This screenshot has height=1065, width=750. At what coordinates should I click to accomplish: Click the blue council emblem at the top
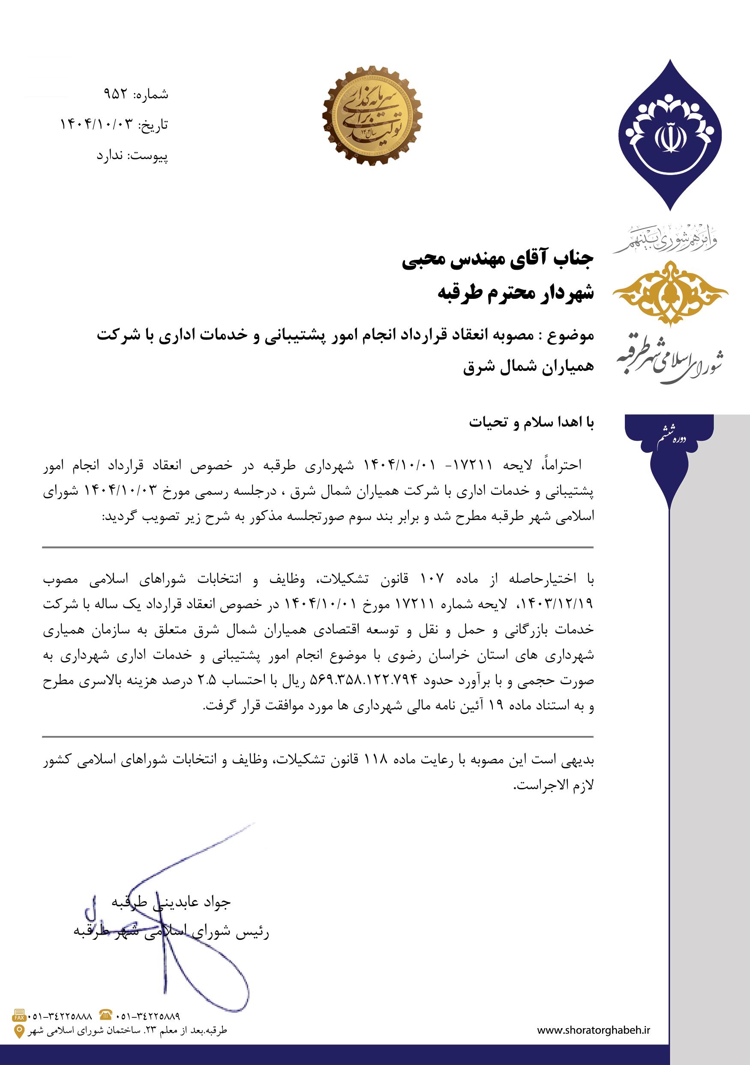(670, 135)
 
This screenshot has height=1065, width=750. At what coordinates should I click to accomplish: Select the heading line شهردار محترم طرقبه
(516, 293)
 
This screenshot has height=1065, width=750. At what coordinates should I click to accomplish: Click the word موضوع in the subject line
(571, 335)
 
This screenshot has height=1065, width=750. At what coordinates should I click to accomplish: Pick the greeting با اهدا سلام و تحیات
(531, 423)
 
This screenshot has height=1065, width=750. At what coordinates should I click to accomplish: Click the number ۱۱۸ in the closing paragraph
(380, 760)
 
